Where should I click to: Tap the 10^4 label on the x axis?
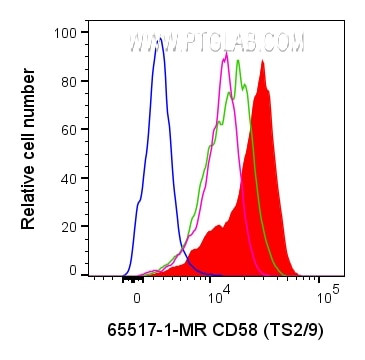click(219, 296)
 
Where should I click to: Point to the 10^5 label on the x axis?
click(325, 296)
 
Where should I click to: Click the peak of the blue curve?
click(159, 40)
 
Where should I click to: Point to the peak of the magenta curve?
click(227, 53)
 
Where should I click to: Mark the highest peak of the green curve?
click(238, 61)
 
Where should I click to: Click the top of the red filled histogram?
click(262, 61)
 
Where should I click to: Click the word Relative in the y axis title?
click(29, 199)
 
